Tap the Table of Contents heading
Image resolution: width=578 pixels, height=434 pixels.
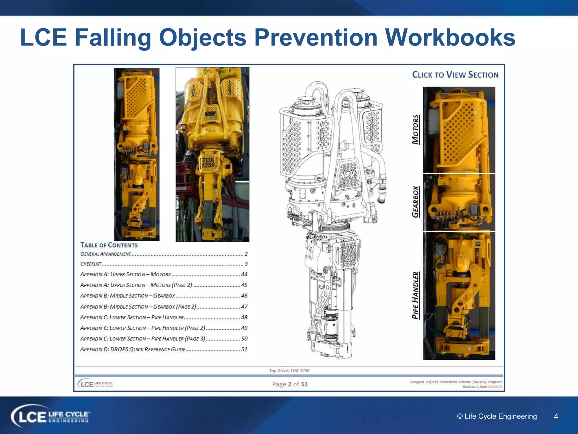pyautogui.click(x=109, y=245)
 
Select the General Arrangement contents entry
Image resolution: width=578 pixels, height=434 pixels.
pyautogui.click(x=106, y=254)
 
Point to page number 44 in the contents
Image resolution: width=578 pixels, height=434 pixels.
pyautogui.click(x=244, y=274)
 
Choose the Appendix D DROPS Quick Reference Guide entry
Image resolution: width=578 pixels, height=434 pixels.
pyautogui.click(x=133, y=350)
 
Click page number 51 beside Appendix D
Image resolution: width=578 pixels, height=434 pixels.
pyautogui.click(x=244, y=350)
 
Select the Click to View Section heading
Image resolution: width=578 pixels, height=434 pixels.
pyautogui.click(x=455, y=75)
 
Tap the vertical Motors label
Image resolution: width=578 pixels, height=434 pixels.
pyautogui.click(x=415, y=129)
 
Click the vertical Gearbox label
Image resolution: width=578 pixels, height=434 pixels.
pyautogui.click(x=415, y=202)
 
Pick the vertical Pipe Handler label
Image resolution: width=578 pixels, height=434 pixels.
pyautogui.click(x=415, y=295)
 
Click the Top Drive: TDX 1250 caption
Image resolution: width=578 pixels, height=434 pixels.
pyautogui.click(x=289, y=370)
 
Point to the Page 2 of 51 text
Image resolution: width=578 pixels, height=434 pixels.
pyautogui.click(x=290, y=384)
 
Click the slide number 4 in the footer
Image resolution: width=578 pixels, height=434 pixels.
pyautogui.click(x=556, y=416)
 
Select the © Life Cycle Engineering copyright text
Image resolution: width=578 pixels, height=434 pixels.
pyautogui.click(x=497, y=416)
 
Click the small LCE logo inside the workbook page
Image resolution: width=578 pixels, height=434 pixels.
pyautogui.click(x=95, y=384)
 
